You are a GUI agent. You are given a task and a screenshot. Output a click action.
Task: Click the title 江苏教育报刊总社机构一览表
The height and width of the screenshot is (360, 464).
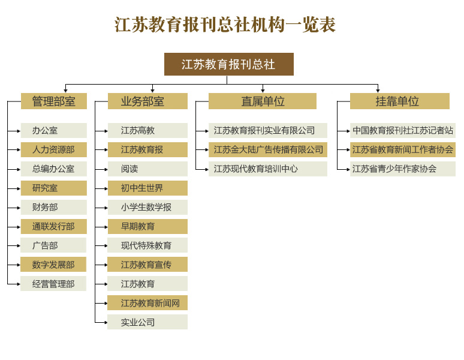coord(225,24)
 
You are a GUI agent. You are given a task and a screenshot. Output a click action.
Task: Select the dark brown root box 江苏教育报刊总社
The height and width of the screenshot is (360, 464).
coord(229,64)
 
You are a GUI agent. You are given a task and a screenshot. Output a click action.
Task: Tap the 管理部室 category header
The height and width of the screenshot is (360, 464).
coord(54,101)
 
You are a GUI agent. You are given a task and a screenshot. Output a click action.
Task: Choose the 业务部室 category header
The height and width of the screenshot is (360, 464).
coord(147,101)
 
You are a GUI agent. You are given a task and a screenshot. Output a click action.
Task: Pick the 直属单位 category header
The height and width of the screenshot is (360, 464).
coord(263,101)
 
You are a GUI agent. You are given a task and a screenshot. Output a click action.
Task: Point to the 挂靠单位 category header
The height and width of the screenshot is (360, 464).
coord(400,101)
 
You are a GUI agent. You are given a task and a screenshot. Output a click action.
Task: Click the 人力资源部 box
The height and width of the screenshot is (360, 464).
coord(54,149)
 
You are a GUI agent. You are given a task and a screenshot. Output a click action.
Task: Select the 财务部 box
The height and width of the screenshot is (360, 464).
coord(54,207)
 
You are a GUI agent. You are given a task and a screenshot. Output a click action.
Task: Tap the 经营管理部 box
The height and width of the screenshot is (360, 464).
coord(53,284)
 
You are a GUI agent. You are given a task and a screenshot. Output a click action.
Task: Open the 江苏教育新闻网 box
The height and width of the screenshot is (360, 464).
coord(147,303)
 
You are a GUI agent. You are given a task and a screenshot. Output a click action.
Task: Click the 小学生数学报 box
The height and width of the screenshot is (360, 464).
coord(147,207)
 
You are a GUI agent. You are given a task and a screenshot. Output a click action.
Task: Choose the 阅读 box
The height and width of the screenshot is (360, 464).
coord(147,169)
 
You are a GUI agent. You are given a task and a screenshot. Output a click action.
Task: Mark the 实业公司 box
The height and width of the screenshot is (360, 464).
coord(147,322)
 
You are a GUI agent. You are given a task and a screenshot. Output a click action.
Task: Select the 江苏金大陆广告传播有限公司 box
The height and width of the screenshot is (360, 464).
coord(268,149)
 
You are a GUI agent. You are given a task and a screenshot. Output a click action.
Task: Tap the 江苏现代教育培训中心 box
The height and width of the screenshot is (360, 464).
coord(268,169)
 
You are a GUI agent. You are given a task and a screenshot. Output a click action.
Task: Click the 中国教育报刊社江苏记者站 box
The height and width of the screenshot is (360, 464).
coord(403,130)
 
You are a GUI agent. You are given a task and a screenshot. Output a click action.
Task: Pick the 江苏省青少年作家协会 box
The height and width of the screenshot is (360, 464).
coord(403,169)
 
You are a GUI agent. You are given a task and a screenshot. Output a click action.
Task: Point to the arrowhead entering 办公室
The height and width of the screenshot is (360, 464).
coord(19,131)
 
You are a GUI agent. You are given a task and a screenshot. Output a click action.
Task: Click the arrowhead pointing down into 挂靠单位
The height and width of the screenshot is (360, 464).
coord(378,91)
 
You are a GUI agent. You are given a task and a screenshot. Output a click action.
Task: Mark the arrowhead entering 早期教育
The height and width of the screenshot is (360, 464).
coord(106,227)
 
